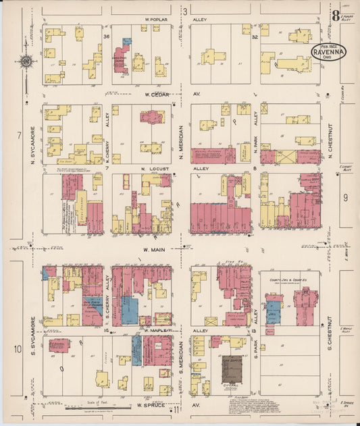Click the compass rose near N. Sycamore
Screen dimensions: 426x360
point(26,62)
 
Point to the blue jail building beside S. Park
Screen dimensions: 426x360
point(274,312)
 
